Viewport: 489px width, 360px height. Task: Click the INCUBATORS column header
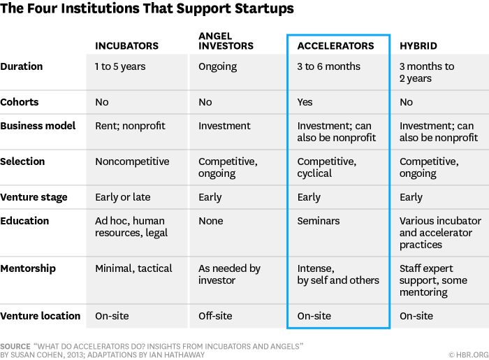(126, 46)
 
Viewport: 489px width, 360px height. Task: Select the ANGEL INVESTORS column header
(222, 41)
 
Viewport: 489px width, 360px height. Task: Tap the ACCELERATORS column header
(335, 46)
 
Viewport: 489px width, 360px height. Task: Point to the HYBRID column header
(418, 46)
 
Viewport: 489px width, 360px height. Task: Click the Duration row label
(22, 66)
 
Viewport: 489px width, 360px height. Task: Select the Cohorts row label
(20, 102)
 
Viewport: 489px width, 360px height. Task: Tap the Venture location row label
(41, 316)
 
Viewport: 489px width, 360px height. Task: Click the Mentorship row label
(28, 268)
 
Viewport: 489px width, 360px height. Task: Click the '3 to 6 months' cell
(328, 67)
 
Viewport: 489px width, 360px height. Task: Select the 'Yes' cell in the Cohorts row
(305, 102)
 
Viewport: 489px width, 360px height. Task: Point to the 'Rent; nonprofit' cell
(130, 127)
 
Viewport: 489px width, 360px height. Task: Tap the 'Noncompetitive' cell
(132, 161)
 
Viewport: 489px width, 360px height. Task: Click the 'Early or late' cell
(122, 197)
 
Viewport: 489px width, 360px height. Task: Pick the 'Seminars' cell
(319, 221)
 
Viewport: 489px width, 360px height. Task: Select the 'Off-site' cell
(215, 316)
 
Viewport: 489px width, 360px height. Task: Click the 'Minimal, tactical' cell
(134, 268)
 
